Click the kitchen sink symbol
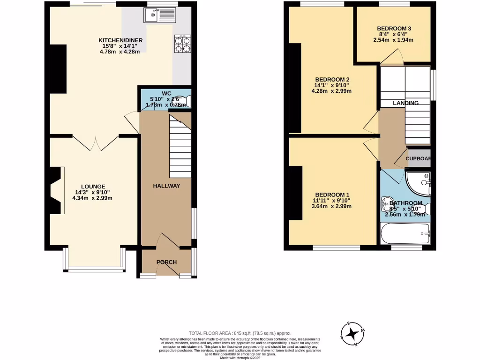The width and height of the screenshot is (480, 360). pyautogui.click(x=158, y=16)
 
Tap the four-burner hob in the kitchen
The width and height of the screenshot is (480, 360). pyautogui.click(x=182, y=44)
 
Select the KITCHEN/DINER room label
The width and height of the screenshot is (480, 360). pyautogui.click(x=120, y=40)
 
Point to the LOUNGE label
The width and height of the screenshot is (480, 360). pyautogui.click(x=92, y=186)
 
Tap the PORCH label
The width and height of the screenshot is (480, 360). pyautogui.click(x=166, y=262)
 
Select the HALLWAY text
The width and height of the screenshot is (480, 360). pyautogui.click(x=166, y=186)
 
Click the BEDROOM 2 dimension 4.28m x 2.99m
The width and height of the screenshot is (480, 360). pyautogui.click(x=332, y=91)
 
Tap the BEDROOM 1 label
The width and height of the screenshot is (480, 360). pyautogui.click(x=332, y=195)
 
